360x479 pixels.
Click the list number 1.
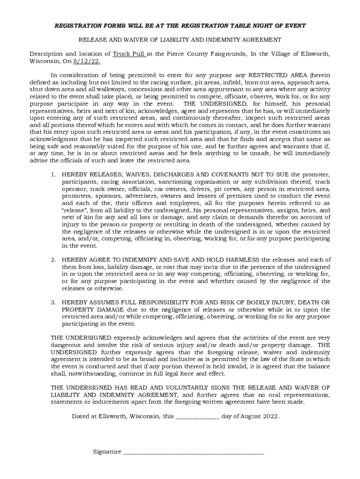53,174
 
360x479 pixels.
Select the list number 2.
53,260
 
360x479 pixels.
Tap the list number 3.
53,302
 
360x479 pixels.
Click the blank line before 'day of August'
197,416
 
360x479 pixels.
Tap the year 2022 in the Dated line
271,416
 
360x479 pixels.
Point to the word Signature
107,452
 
